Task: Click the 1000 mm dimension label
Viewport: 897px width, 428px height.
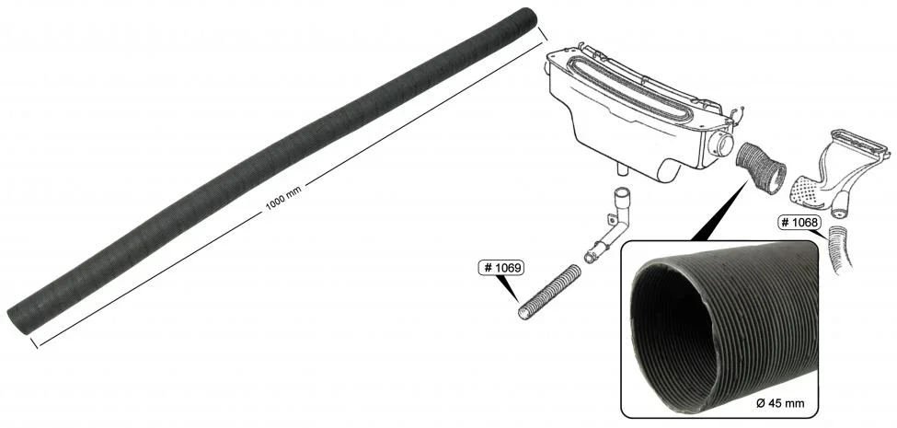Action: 283,199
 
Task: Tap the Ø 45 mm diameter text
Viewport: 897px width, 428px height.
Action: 780,403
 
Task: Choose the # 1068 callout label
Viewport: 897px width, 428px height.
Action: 799,222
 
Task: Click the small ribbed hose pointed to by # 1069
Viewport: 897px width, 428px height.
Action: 549,293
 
